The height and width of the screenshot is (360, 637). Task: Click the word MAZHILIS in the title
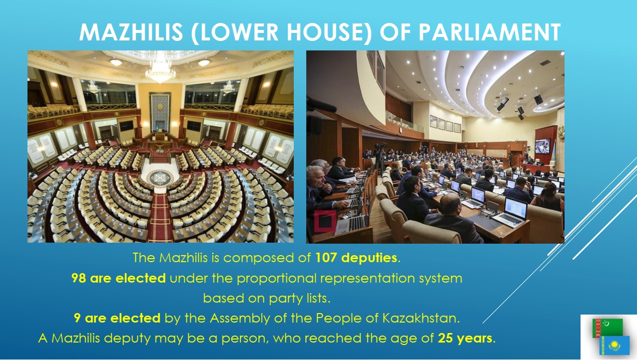coord(131,32)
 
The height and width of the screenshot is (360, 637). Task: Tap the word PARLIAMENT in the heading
coord(490,32)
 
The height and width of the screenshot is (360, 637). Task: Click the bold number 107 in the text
coord(326,258)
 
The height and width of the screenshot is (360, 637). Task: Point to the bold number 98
coord(79,278)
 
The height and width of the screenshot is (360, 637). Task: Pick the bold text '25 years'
coord(465,338)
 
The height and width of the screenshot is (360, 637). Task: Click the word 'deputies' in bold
coord(369,258)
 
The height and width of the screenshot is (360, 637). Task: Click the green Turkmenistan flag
coord(607,328)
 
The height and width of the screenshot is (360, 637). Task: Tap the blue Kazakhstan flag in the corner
coord(614,345)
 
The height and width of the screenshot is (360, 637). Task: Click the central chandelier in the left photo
coord(160,69)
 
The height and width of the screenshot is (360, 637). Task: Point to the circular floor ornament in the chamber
coord(160,178)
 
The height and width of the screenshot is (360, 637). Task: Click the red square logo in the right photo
coord(325,221)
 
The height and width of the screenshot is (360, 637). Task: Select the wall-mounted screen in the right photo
coord(542,146)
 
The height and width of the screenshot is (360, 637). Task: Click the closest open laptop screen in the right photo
coord(515,208)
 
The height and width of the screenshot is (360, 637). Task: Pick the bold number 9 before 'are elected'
coord(77,318)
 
